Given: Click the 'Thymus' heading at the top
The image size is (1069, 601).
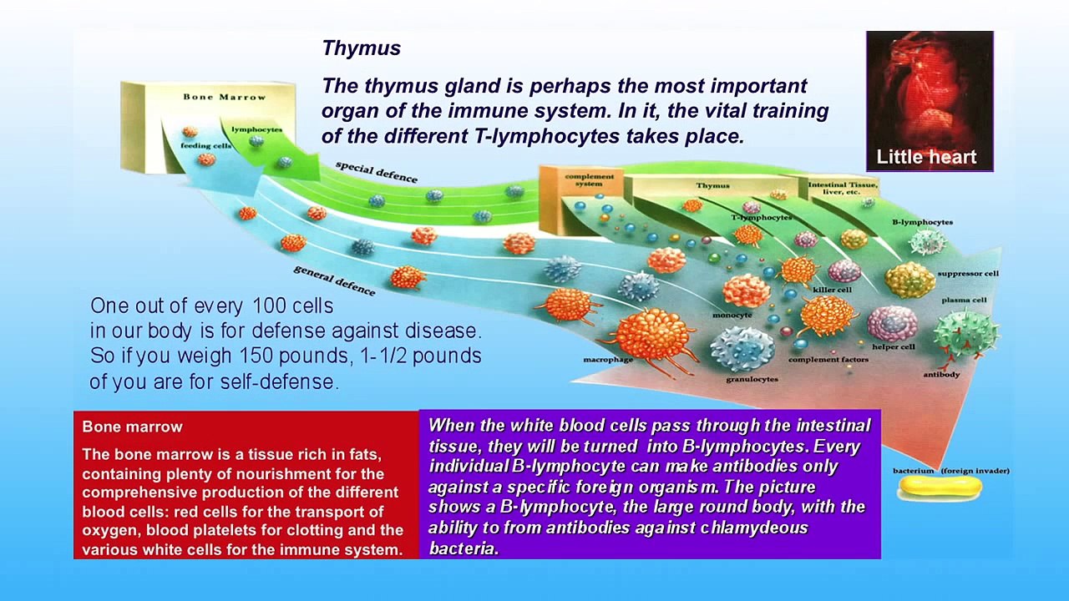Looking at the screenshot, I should [361, 48].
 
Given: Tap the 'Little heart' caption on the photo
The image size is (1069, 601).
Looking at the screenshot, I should [925, 157].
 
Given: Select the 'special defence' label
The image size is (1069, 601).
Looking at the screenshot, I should [376, 171].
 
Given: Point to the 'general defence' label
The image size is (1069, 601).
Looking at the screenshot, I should [334, 280].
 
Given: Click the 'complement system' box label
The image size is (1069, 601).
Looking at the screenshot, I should [589, 180].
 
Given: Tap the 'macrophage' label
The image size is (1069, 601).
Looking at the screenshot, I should [608, 360].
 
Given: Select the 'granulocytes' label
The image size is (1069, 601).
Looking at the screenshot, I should [752, 379].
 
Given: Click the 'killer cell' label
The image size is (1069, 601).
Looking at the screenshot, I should [832, 290].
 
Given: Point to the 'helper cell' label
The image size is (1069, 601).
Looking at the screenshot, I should [893, 346].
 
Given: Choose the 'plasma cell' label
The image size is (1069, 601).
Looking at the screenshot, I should [964, 300].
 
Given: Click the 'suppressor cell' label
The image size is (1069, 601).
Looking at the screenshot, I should [967, 273].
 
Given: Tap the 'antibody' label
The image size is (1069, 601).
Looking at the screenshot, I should [941, 374].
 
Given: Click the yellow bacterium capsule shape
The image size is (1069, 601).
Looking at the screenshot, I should [939, 488].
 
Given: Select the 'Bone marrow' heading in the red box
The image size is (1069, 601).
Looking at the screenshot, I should [132, 427].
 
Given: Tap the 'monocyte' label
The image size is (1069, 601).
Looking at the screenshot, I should [732, 315].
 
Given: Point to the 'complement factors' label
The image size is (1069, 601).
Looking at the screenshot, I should [828, 360].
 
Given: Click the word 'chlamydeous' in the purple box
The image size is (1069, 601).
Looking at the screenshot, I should [754, 528].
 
